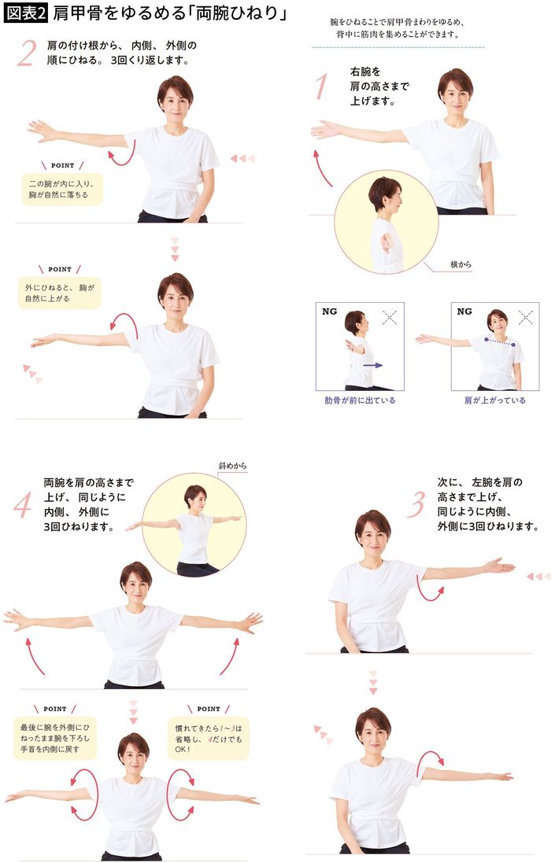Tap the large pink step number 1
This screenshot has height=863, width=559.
pos(320,86)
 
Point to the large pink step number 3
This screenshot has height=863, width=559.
pos(416,504)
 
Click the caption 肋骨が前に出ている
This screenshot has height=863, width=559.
pos(359,400)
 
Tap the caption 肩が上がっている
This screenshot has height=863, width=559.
pos(494,400)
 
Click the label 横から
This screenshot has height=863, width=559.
pos(461,265)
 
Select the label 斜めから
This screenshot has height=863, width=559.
pos(232,466)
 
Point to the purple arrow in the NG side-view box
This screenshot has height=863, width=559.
pos(373,365)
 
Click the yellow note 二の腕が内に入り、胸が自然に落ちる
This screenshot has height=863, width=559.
pos(62,189)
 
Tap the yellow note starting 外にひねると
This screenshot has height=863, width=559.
pos(60,292)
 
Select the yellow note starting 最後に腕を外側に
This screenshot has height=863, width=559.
pos(54,738)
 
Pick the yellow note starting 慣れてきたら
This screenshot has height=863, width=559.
pos(208,738)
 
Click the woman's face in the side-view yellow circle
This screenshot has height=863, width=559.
pos(391,197)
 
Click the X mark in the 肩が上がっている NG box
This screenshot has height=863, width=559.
pos(526,318)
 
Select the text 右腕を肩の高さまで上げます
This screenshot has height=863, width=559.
pos(379,87)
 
